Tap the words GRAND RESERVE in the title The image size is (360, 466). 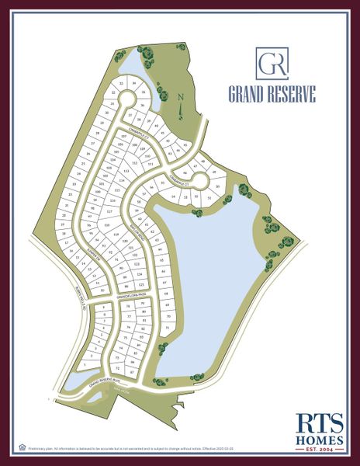tap(272, 95)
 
